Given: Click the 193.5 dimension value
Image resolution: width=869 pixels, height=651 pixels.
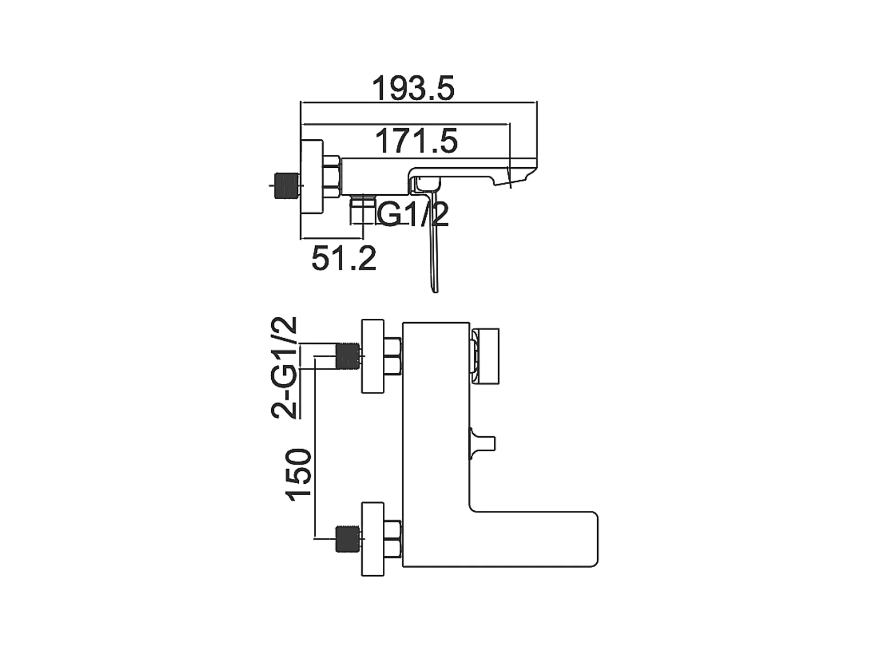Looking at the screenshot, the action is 413,88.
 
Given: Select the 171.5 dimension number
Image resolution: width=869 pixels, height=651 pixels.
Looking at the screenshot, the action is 416,141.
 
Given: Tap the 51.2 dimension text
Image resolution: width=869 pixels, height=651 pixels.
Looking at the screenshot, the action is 344,258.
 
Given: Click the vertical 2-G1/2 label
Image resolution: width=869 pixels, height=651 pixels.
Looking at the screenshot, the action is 284,367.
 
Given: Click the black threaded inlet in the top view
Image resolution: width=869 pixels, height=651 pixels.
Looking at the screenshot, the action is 286,186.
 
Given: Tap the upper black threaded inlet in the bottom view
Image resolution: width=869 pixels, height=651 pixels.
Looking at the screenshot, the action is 348,357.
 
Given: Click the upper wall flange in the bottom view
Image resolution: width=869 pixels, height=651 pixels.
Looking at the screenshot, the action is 373,357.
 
